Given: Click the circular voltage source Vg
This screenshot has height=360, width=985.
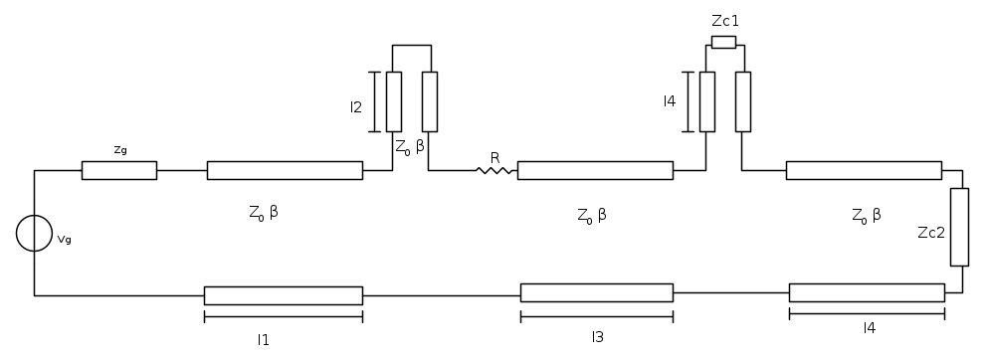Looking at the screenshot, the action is (34, 233).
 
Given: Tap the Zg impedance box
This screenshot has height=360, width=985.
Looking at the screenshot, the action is (119, 170).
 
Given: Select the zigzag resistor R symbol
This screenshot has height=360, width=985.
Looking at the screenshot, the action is (494, 170).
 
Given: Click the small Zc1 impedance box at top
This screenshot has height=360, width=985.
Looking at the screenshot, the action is (723, 42).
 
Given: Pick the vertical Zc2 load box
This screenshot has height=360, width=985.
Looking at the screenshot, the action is (959, 227).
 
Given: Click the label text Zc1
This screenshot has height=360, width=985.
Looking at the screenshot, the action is (725, 21).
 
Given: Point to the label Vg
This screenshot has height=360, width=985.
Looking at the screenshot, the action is (64, 240).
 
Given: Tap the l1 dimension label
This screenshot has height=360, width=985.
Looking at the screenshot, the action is (264, 340).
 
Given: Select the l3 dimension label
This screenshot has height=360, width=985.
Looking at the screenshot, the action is (597, 337).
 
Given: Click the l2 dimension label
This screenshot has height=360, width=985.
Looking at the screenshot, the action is (356, 107).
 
